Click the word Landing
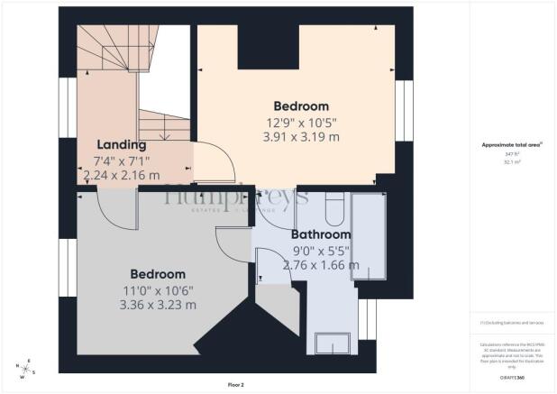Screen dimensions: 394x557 [x=122, y=144]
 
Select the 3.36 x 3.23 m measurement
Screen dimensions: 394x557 [x=158, y=305]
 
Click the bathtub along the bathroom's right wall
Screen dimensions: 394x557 [x=368, y=239]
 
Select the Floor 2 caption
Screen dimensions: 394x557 [x=235, y=385]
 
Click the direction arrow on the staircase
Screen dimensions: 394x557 [x=164, y=135]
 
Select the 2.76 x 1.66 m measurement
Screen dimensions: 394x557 [x=321, y=265]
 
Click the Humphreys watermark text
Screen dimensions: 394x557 [x=236, y=196]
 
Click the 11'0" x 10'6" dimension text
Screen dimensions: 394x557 [x=158, y=289]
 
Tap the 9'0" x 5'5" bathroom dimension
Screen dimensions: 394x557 [x=320, y=251]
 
